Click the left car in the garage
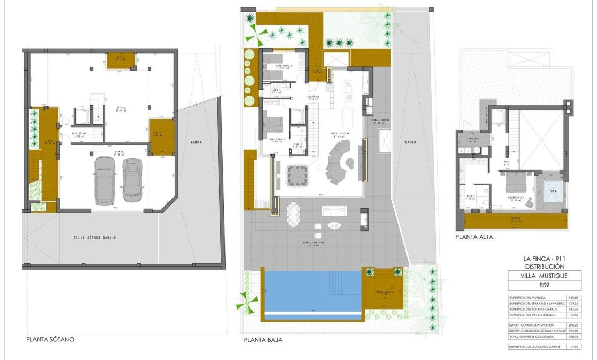(x=104, y=180)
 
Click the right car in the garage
(x=131, y=180)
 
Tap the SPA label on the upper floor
(x=552, y=191)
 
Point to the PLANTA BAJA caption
(x=263, y=340)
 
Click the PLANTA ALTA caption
(x=474, y=237)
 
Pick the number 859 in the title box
(x=543, y=285)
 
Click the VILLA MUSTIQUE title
(x=543, y=276)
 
